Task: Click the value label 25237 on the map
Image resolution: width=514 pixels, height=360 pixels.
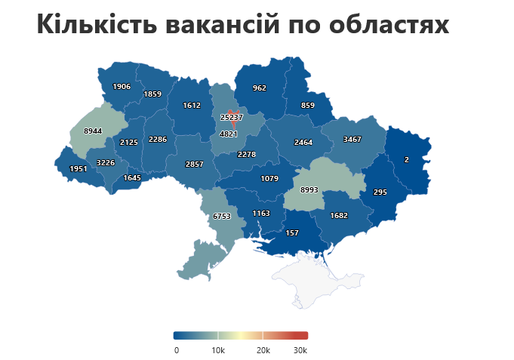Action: point(232,118)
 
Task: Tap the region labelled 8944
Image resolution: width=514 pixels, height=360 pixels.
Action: point(93,131)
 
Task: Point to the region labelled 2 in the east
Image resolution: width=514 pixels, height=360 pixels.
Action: point(407,160)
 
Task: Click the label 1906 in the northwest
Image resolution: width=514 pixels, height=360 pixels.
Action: point(122,87)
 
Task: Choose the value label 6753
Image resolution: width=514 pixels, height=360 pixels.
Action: point(222,217)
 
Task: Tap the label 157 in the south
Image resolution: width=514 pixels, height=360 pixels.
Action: point(293,233)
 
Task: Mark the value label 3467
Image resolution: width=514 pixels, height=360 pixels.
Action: point(352,140)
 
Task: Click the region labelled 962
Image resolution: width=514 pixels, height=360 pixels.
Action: point(260,88)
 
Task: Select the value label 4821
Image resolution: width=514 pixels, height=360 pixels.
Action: point(228,134)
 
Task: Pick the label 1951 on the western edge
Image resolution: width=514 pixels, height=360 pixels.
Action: point(78,169)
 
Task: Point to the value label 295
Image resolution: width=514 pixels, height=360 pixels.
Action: point(380,192)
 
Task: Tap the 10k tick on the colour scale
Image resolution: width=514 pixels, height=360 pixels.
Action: point(218,350)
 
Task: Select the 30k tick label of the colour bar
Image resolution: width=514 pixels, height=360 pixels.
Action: point(300,350)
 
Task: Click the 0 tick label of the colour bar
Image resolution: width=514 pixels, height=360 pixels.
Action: point(177,350)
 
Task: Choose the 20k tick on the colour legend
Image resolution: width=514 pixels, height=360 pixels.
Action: point(263,350)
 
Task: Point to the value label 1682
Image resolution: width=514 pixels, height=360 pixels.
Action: point(340,216)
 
